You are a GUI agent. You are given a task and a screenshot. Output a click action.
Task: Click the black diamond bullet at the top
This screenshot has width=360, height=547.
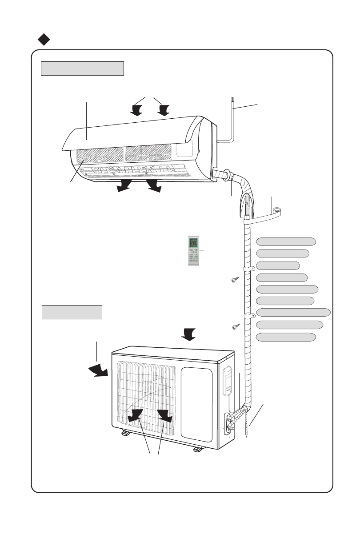tap(43, 40)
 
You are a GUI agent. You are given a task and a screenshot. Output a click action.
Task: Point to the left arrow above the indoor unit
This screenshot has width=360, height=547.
tap(137, 109)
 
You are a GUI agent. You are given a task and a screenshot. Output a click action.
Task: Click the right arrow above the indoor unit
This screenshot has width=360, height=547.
tap(164, 109)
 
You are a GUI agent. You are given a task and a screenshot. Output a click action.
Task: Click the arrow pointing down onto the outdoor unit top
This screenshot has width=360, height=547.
tap(189, 334)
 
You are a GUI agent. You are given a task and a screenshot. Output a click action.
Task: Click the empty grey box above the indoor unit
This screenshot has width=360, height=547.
tap(82, 69)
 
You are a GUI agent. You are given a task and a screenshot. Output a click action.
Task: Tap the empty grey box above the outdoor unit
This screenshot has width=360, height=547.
tap(72, 312)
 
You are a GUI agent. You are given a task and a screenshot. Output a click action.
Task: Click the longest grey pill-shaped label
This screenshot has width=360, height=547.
tap(294, 312)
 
